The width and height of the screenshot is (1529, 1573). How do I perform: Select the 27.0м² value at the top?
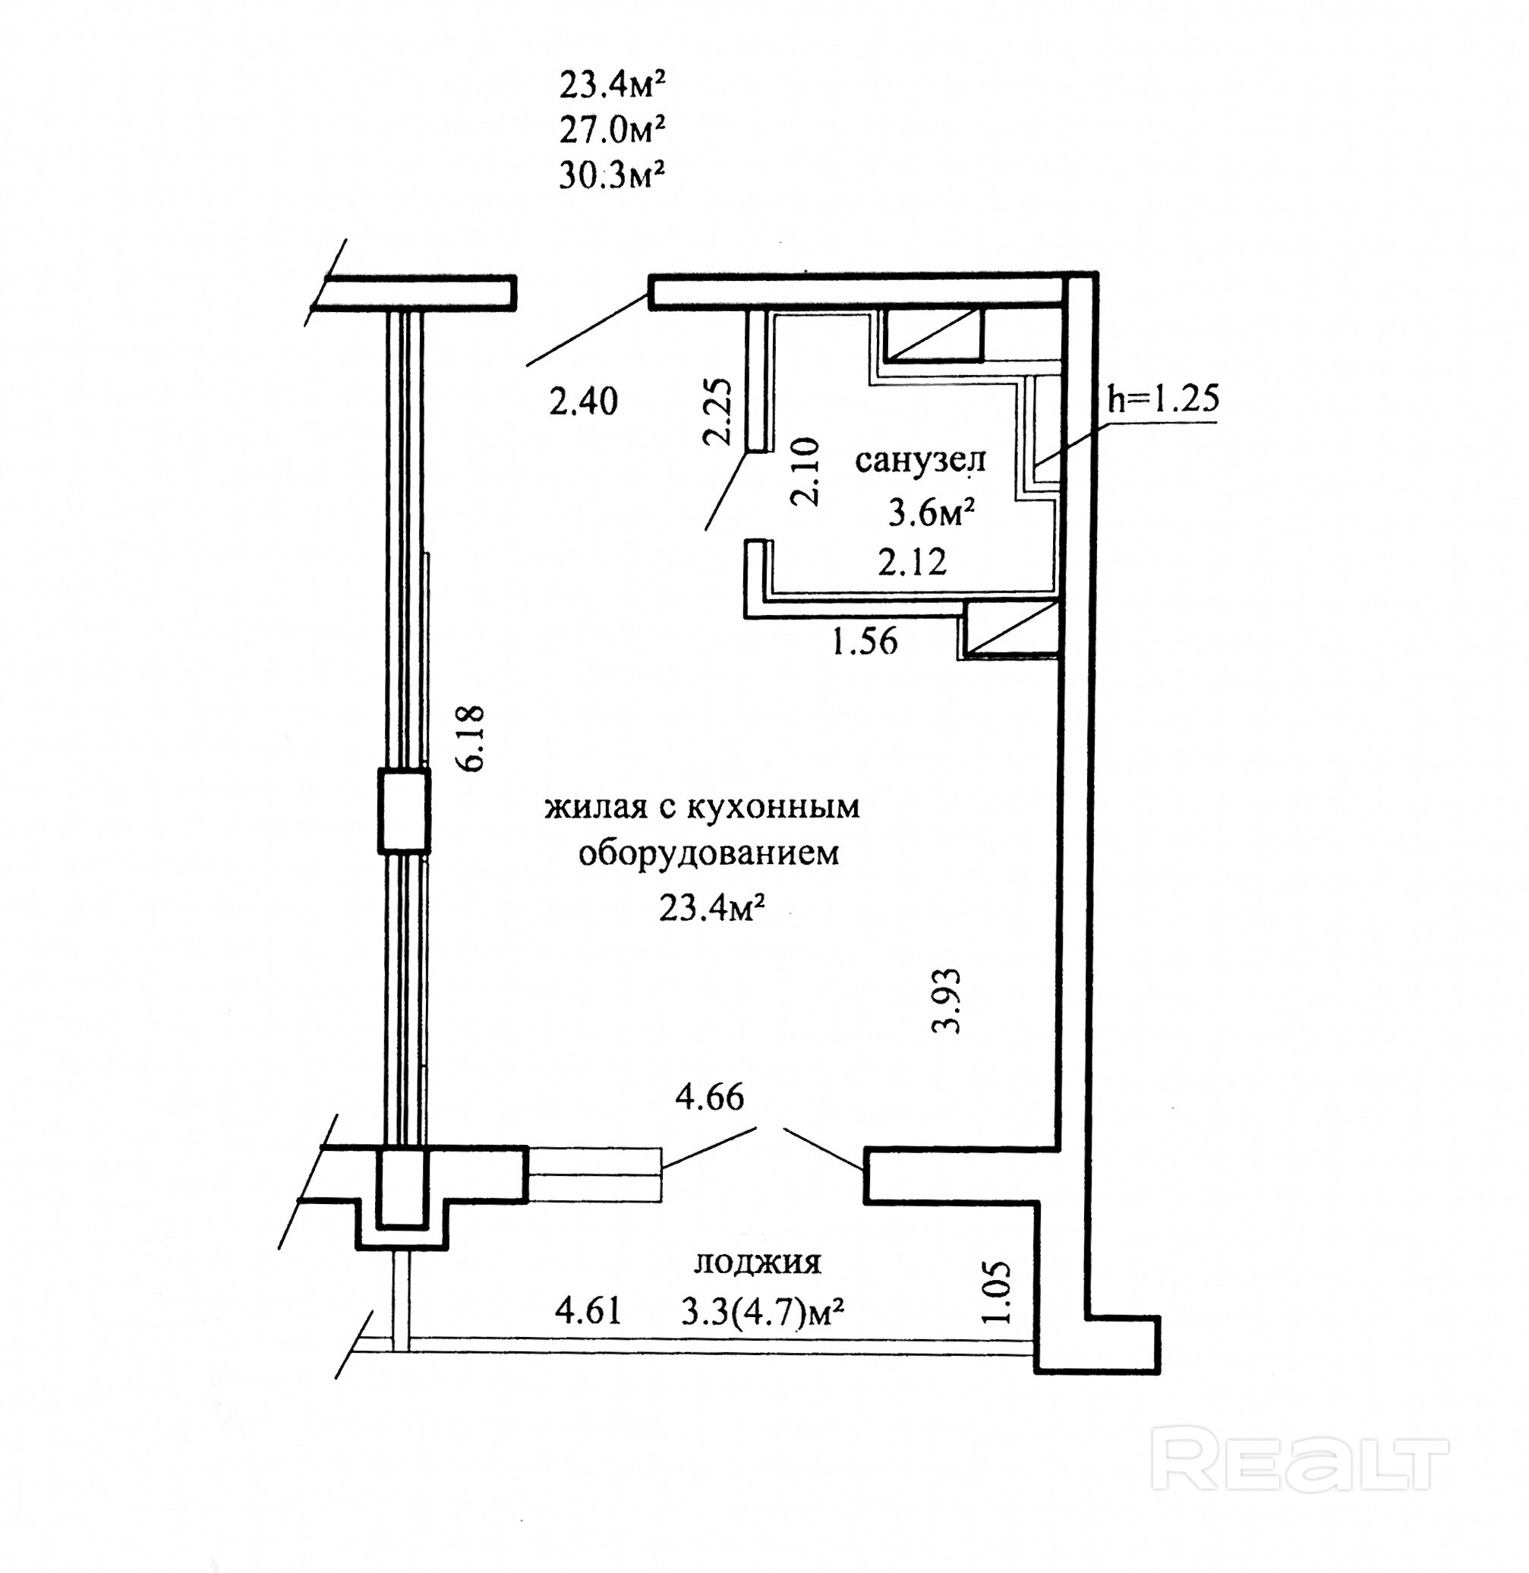tap(613, 129)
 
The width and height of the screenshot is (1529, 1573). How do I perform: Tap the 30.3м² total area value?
tap(613, 175)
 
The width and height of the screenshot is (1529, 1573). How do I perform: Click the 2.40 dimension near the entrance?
tap(584, 401)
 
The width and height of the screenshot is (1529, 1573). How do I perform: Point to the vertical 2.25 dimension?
tap(717, 412)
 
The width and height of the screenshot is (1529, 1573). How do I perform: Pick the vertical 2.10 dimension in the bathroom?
tap(805, 471)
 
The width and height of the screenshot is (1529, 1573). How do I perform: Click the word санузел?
tap(920, 461)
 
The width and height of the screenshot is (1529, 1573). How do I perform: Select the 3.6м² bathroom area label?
tap(932, 512)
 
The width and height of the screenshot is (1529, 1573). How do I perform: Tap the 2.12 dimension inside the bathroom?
tap(913, 562)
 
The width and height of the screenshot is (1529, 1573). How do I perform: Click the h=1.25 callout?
tap(1163, 399)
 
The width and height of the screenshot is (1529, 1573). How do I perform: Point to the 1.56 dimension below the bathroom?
tap(864, 641)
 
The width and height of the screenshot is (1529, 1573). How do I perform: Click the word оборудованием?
tap(709, 853)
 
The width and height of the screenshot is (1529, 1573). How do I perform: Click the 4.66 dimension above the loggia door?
tap(710, 1097)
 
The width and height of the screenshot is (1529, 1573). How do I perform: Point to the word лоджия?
tap(757, 1263)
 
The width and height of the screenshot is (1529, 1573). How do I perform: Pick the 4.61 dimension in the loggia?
tap(588, 1312)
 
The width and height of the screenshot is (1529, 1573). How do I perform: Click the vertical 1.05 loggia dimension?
tap(995, 1292)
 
